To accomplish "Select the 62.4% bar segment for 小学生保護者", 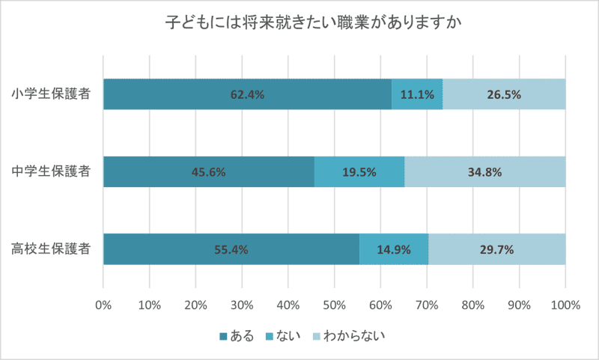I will (x=247, y=94).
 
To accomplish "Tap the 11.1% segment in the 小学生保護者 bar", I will (x=417, y=94).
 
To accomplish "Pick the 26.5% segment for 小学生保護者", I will (x=504, y=94).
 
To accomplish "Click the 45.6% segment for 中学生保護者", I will (x=208, y=171).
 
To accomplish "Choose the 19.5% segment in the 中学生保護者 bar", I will (x=359, y=171).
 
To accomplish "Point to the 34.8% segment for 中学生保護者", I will (x=484, y=171).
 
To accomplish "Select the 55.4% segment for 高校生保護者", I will (x=231, y=249).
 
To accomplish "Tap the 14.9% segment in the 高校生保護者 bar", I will (x=393, y=249).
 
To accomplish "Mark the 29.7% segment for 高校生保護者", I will (x=496, y=249).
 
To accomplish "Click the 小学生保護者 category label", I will (x=52, y=94).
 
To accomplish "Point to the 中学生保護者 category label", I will (x=52, y=171).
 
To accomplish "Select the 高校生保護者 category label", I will (x=52, y=249).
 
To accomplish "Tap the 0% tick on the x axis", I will (x=103, y=305).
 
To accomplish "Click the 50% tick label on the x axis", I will (x=334, y=305).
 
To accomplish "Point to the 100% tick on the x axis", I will (x=565, y=305).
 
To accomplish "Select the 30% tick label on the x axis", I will (x=242, y=305).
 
